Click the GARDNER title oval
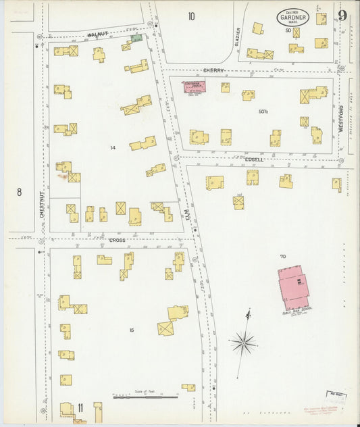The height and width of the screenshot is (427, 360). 292,18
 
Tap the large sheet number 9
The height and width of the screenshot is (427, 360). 342,16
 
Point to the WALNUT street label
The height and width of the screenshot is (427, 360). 97,34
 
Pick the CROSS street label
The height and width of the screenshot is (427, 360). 118,240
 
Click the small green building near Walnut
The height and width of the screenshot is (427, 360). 137,39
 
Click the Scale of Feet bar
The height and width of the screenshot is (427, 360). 145,397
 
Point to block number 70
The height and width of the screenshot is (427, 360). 282,256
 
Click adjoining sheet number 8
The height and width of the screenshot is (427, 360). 19,192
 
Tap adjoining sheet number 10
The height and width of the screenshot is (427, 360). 192,16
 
